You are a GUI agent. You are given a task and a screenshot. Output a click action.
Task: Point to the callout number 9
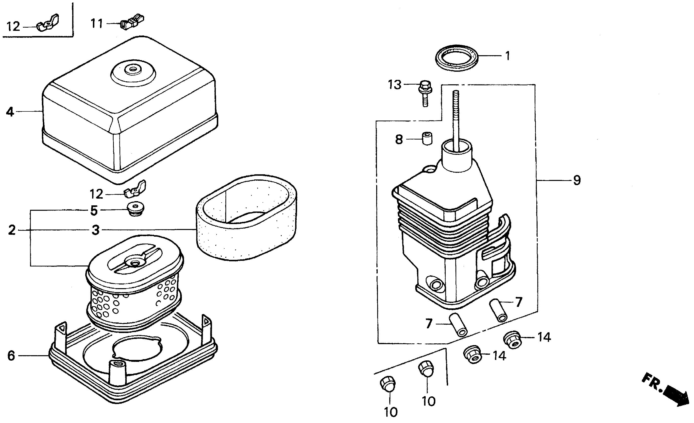(x=577, y=180)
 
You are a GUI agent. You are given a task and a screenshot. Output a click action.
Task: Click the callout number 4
(x=10, y=112)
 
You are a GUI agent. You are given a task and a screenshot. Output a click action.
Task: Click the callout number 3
(x=96, y=230)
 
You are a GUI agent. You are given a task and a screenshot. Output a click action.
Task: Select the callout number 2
(x=12, y=230)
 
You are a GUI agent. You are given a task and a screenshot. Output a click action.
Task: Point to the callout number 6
(x=11, y=356)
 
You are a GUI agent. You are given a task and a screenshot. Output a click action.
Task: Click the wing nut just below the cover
(x=135, y=189)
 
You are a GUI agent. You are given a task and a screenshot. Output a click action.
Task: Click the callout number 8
(x=399, y=139)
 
